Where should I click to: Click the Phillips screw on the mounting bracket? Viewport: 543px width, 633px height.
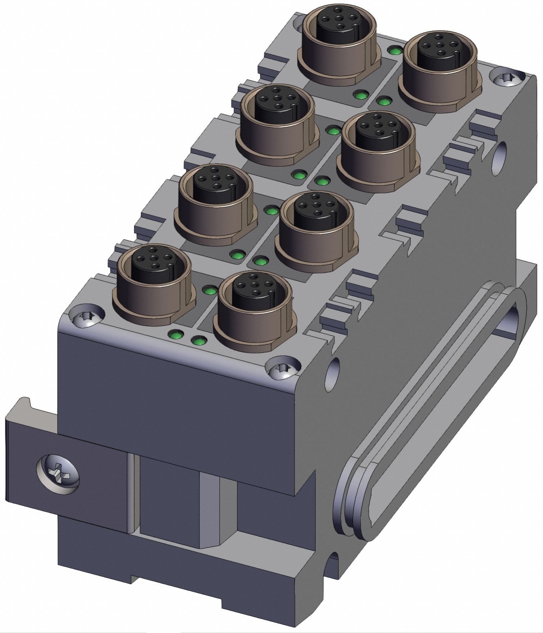pos(58,472)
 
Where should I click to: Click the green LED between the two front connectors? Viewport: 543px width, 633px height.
pos(209,290)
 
